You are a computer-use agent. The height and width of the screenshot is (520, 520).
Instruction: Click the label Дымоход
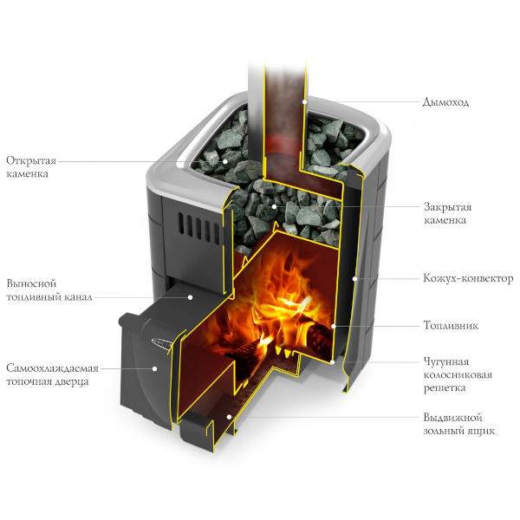[x=445, y=102]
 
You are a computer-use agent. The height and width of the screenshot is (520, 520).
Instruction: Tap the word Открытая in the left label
[x=31, y=161]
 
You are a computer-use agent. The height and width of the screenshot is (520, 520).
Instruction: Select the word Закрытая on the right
[x=447, y=207]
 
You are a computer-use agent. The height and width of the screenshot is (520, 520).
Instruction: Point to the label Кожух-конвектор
[x=468, y=278]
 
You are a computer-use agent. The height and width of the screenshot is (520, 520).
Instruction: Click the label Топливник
[x=451, y=325]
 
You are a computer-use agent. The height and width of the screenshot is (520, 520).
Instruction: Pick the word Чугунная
[x=446, y=361]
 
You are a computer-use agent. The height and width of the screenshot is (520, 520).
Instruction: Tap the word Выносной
[x=31, y=283]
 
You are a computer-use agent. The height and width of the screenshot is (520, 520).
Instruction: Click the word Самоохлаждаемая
[x=52, y=368]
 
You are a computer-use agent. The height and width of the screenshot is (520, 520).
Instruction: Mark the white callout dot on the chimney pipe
[x=304, y=102]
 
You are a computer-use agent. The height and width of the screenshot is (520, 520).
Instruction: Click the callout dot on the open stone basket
[x=225, y=161]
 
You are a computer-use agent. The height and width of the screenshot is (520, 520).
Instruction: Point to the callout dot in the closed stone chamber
[x=274, y=206]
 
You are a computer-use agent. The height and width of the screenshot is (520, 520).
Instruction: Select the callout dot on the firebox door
[x=154, y=368]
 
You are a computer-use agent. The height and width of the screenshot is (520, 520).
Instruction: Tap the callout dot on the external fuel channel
[x=190, y=297]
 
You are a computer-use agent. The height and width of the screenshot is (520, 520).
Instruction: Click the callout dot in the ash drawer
[x=229, y=417]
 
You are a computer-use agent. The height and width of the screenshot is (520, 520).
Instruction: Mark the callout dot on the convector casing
[x=354, y=278]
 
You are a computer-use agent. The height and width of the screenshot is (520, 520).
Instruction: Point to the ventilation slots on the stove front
[x=199, y=227]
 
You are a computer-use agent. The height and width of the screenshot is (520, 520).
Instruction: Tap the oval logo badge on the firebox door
[x=161, y=342]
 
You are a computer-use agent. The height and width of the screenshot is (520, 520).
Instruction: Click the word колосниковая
[x=458, y=374]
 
